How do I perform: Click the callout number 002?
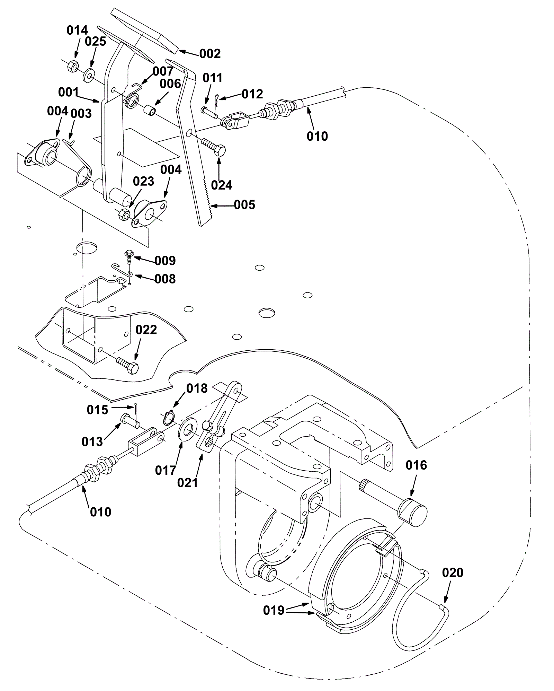tap(210, 54)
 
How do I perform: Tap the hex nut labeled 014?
tap(72, 65)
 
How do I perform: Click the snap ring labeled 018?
tap(169, 417)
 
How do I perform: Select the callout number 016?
tap(417, 465)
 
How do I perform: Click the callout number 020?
tap(453, 573)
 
